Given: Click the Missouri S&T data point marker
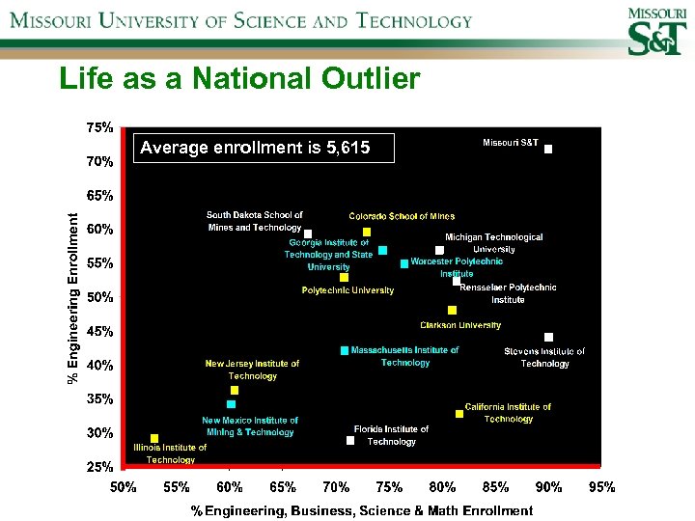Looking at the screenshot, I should tap(548, 150).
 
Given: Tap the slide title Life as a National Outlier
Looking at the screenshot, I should tap(239, 79).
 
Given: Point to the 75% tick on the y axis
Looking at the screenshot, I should tap(99, 127).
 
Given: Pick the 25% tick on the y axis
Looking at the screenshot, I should tap(99, 467).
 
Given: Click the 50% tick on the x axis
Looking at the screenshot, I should tap(123, 487).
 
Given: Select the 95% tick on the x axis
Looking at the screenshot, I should tap(601, 487).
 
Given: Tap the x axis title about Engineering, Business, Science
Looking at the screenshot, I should tap(362, 510).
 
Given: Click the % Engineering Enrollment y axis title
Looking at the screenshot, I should tap(73, 297).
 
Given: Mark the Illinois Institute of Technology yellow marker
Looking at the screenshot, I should tap(154, 438).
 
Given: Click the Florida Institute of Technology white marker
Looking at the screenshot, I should tap(350, 441).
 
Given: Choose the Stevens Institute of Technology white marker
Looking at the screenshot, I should tap(548, 337).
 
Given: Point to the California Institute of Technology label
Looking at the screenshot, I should tap(508, 413).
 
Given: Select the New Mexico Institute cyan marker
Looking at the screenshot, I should tap(231, 404).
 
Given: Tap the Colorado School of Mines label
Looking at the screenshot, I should tap(402, 216).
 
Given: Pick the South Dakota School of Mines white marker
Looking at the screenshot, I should tap(308, 233).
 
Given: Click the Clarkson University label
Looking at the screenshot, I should tap(460, 325).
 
